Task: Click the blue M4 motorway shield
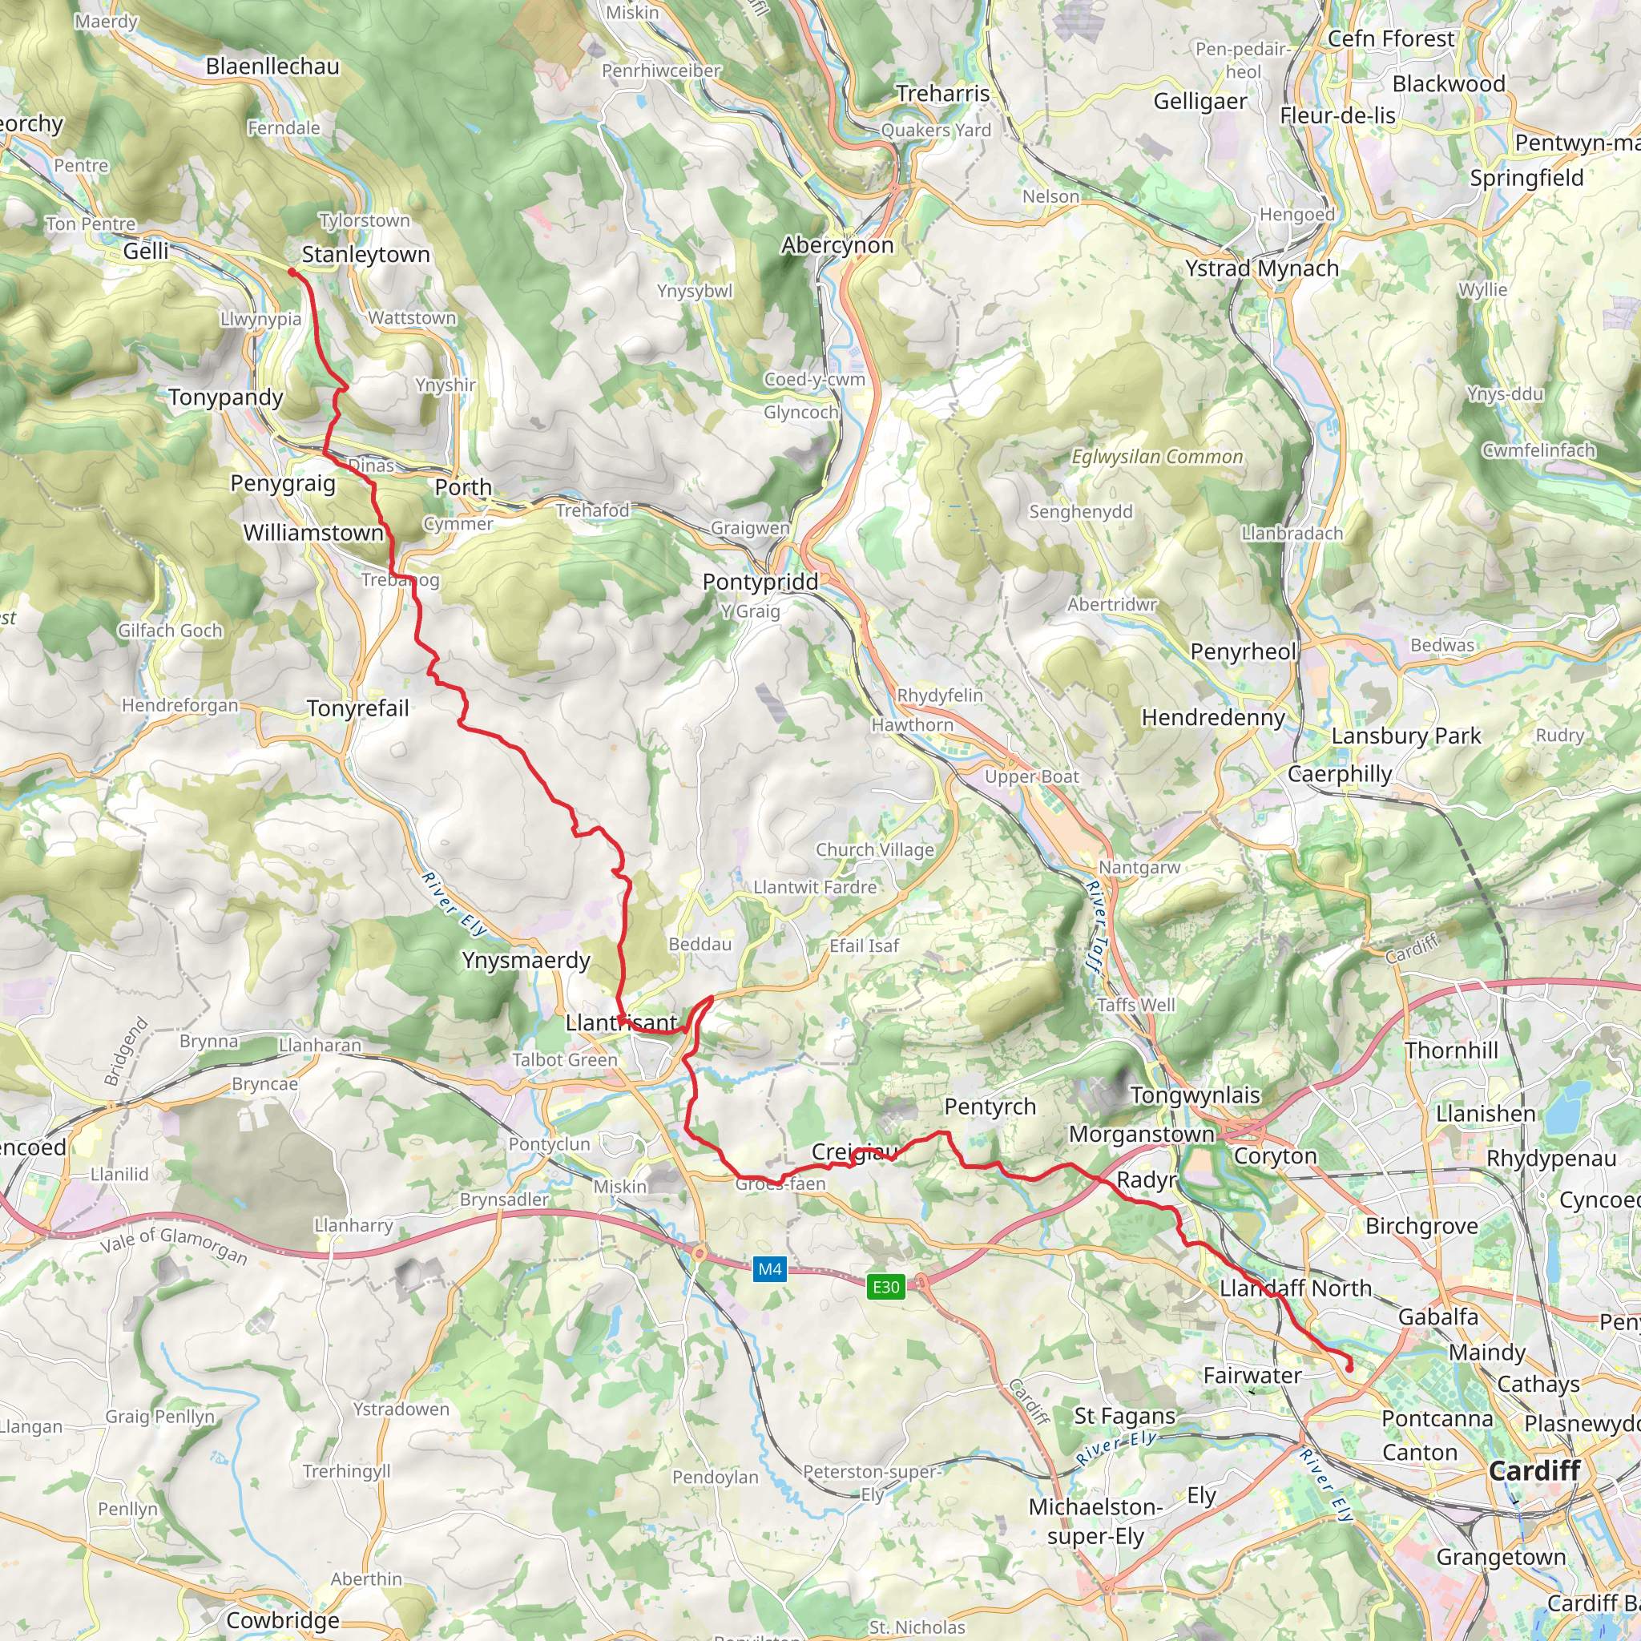tap(769, 1269)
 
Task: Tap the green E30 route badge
tap(885, 1286)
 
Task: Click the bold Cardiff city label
tap(1534, 1470)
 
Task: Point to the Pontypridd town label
tap(760, 582)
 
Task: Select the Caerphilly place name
tap(1340, 774)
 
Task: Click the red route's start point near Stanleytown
tap(292, 272)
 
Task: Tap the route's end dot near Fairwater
tap(1349, 1369)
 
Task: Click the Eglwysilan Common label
tap(1157, 457)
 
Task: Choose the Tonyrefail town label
tap(357, 708)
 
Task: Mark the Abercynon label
tap(837, 245)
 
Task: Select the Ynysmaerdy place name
tap(526, 961)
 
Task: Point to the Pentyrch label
tap(990, 1107)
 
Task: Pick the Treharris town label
tap(943, 94)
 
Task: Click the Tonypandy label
tap(226, 397)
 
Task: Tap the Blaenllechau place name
tap(272, 67)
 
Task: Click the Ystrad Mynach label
tap(1262, 268)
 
